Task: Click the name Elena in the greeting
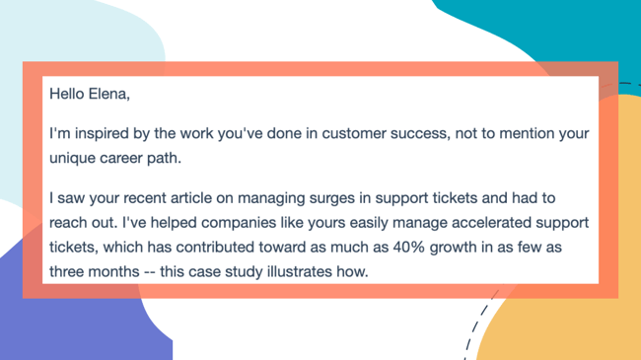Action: [109, 94]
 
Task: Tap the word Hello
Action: [67, 94]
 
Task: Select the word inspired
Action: [102, 134]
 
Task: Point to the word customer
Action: [354, 134]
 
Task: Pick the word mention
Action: [523, 134]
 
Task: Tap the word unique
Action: [72, 159]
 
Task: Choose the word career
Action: [120, 159]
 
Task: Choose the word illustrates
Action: [299, 272]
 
